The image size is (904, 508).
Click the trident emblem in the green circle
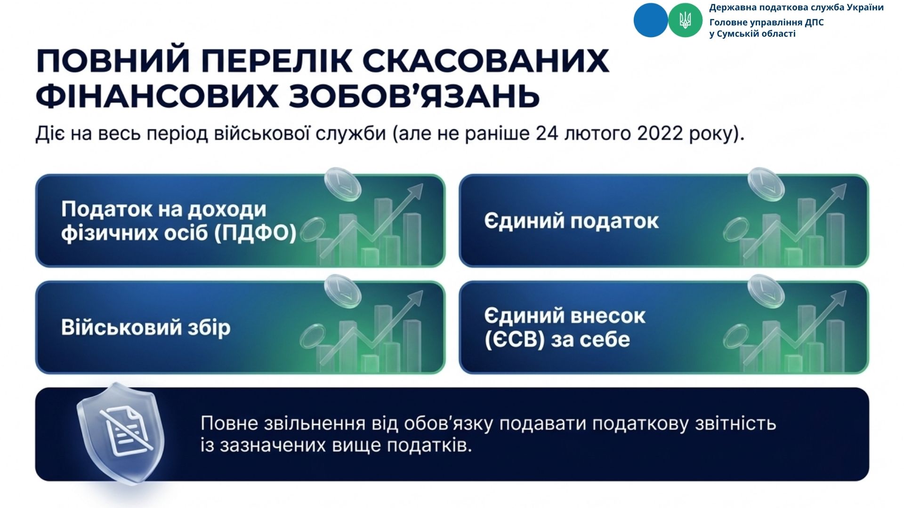(685, 20)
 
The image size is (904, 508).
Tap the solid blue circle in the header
(651, 20)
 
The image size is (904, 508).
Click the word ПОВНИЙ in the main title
(113, 60)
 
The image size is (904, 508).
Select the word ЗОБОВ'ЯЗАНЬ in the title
(414, 96)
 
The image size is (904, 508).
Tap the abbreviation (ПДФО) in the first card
(256, 232)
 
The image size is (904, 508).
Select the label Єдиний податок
(571, 221)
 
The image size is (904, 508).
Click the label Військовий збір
(146, 327)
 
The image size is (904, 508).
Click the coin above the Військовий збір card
(342, 291)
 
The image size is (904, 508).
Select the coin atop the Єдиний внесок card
(766, 291)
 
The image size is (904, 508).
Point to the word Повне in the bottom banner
(229, 423)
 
